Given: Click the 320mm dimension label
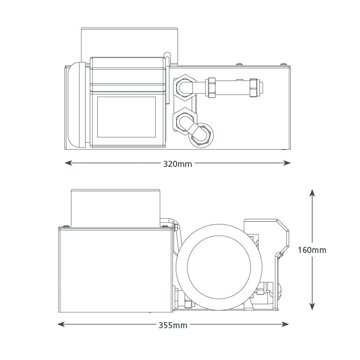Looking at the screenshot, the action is pyautogui.click(x=178, y=164).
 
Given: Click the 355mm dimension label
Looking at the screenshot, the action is pyautogui.click(x=173, y=325).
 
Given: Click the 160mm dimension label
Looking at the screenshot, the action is pyautogui.click(x=312, y=250).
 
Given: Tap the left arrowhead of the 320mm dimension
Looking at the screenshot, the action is pyautogui.click(x=69, y=163).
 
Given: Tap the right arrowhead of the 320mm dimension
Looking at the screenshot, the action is pyautogui.click(x=287, y=163).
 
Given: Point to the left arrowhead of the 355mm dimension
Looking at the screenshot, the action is pyautogui.click(x=61, y=324).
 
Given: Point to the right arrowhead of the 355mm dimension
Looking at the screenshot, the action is pyautogui.click(x=285, y=324).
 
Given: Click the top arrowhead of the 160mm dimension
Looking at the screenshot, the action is pyautogui.click(x=312, y=193).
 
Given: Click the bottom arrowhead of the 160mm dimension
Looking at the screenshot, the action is pyautogui.click(x=312, y=306).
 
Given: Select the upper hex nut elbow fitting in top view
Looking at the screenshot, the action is pyautogui.click(x=185, y=86).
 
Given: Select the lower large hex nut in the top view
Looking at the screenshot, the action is pyautogui.click(x=184, y=119).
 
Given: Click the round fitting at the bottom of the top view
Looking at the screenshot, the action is pyautogui.click(x=202, y=136).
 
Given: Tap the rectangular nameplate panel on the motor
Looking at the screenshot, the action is pyautogui.click(x=126, y=117).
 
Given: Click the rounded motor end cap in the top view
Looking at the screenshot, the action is pyautogui.click(x=77, y=105).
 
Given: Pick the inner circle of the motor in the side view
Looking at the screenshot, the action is pyautogui.click(x=219, y=267).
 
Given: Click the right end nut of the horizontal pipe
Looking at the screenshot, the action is pyautogui.click(x=253, y=87).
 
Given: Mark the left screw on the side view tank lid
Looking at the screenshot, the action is pyautogui.click(x=66, y=226).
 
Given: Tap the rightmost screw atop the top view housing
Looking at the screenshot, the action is pyautogui.click(x=283, y=64).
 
